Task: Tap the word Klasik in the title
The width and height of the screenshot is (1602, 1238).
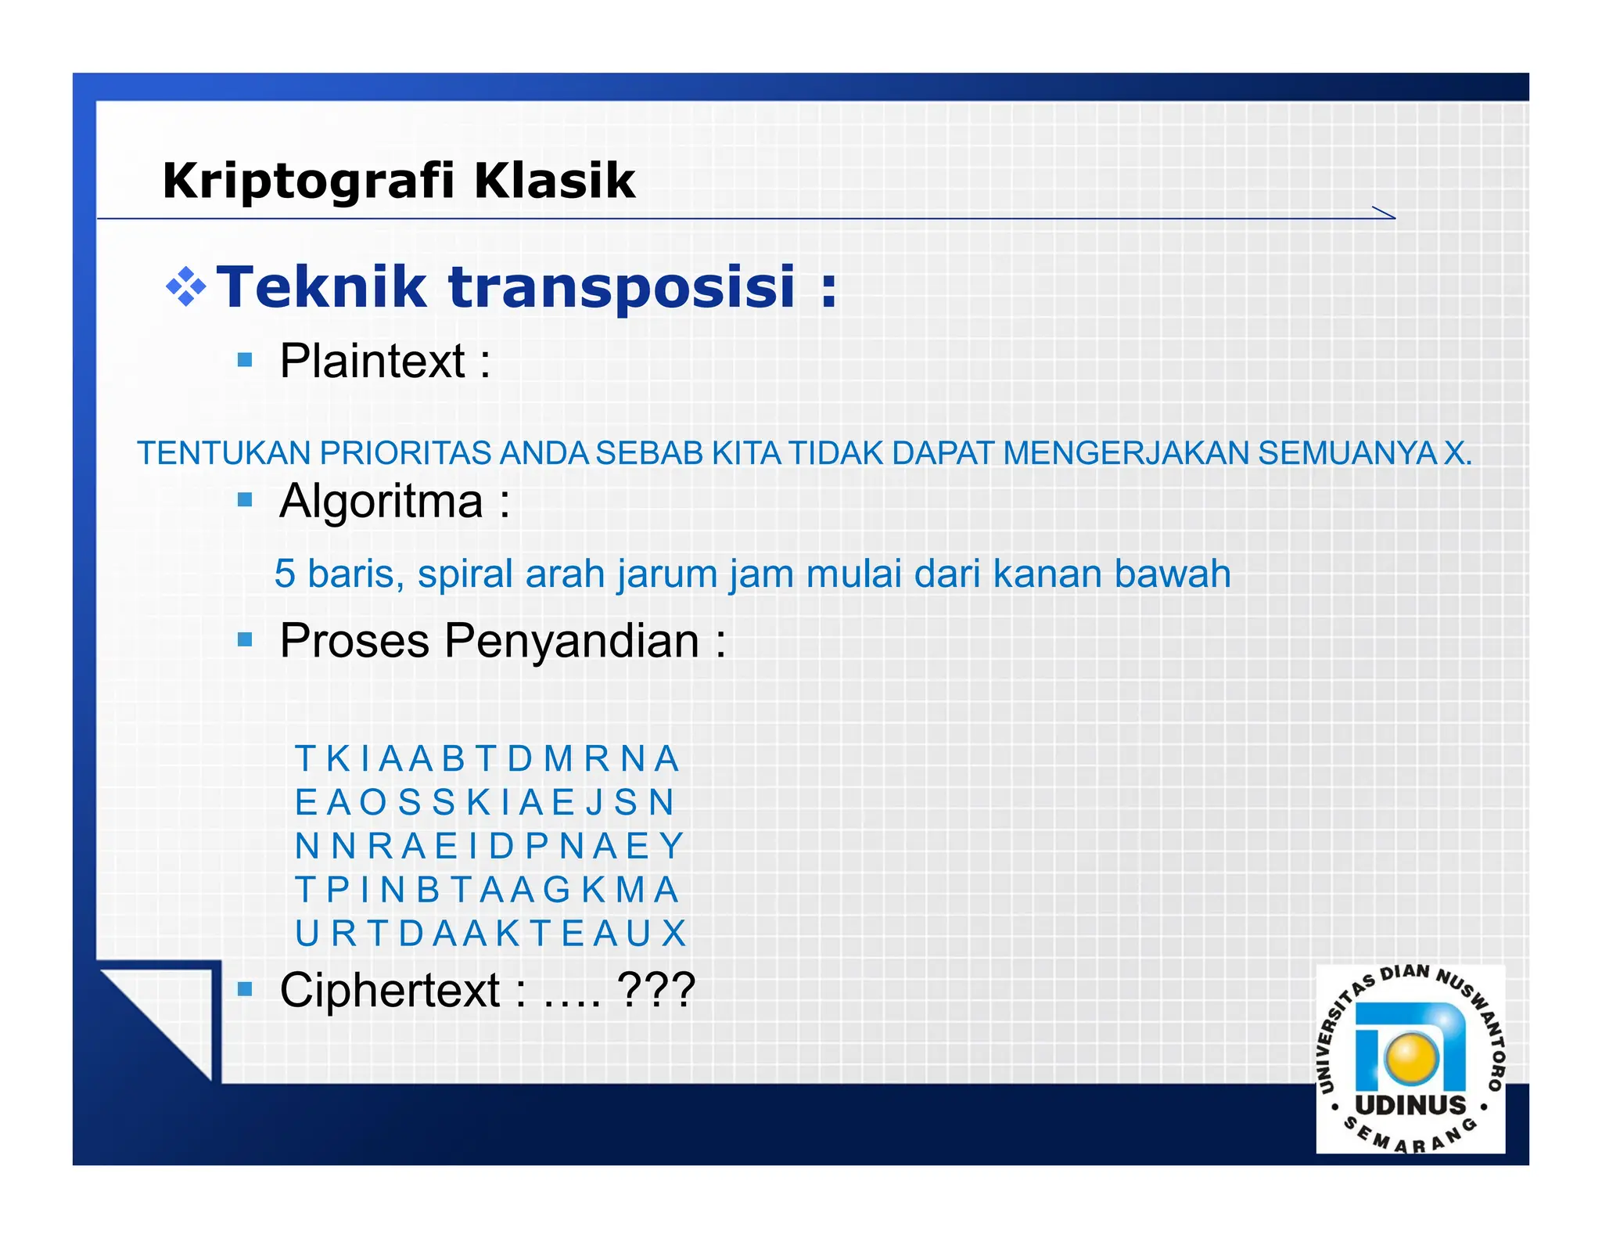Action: click(x=555, y=182)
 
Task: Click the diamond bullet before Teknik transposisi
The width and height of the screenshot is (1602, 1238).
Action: click(x=185, y=286)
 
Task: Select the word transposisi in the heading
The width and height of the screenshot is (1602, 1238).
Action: click(x=622, y=287)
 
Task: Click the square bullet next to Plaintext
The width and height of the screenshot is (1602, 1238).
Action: click(x=245, y=360)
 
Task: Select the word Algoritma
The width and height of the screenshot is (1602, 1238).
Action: click(x=382, y=501)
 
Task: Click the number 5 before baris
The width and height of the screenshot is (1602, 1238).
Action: click(x=285, y=574)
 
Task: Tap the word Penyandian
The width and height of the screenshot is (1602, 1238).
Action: click(x=571, y=641)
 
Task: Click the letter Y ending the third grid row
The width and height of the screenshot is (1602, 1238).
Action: click(x=671, y=846)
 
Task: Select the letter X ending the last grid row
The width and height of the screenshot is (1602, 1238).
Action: click(x=673, y=933)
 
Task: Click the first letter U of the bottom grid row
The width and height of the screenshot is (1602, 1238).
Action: click(x=307, y=933)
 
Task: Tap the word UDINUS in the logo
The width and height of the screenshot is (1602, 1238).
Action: click(x=1410, y=1105)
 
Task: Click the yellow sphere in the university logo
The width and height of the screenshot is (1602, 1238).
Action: click(x=1410, y=1057)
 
